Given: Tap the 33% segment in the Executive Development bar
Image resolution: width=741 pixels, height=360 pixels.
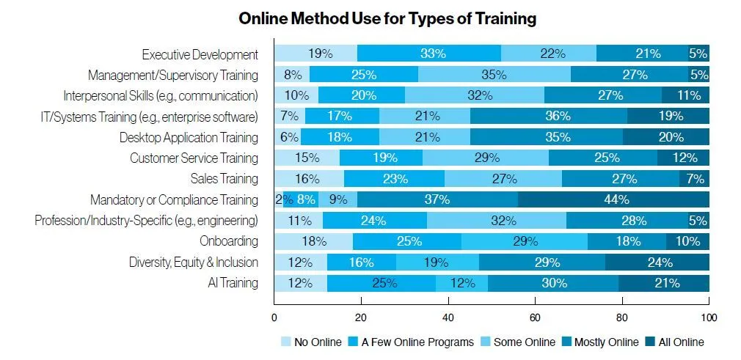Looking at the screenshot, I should tap(429, 54).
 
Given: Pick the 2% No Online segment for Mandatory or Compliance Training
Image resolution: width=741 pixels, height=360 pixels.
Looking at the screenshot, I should tap(279, 199).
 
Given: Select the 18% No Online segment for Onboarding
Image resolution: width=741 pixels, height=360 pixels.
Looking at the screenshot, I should tap(313, 241).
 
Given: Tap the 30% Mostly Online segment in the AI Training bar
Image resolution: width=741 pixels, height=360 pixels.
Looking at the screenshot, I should tap(553, 283).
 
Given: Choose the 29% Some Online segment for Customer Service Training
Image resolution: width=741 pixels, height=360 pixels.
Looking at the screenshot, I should tap(486, 158).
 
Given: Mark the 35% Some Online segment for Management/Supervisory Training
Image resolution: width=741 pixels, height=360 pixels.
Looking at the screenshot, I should tap(494, 74).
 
